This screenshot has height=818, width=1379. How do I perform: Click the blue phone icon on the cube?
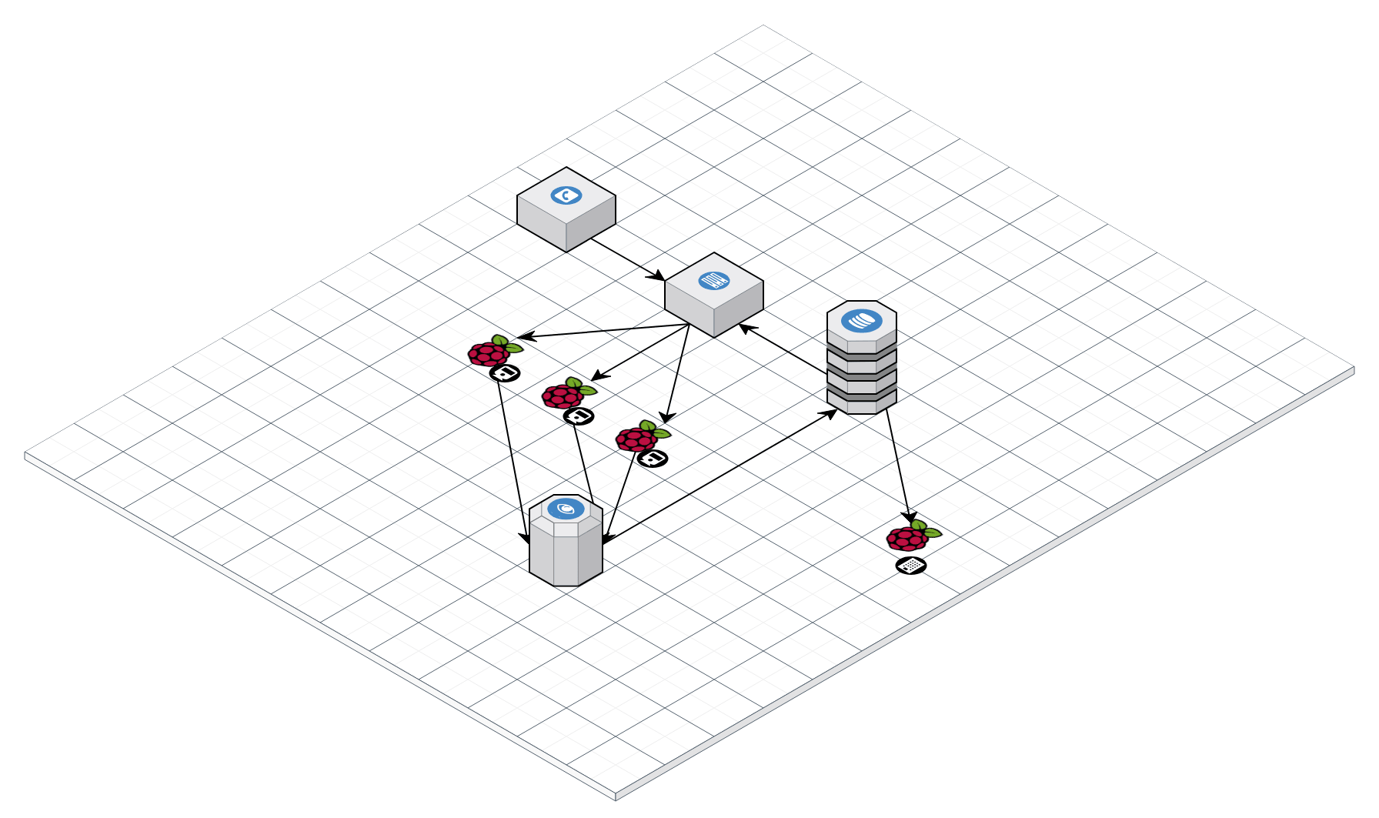[566, 195]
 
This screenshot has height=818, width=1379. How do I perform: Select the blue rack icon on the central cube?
[714, 281]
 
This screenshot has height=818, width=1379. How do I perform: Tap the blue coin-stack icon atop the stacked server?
[862, 320]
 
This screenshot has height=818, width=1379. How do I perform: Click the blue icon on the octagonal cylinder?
[566, 509]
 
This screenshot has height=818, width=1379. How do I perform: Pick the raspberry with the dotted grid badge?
[909, 538]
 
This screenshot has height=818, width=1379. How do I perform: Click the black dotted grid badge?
[911, 566]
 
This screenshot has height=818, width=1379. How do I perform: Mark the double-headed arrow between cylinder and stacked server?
[720, 476]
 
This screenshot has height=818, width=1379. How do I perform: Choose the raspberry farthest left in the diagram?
[489, 354]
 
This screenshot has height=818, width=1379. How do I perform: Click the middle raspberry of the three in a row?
[563, 396]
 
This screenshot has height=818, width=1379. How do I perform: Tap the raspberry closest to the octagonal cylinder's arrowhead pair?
[637, 439]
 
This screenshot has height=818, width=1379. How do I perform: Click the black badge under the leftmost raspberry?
[505, 373]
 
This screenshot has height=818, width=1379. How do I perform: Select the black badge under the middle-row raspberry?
[579, 416]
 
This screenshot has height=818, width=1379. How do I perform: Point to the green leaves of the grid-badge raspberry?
[926, 529]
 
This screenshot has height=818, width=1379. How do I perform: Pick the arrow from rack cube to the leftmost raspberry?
[604, 331]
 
